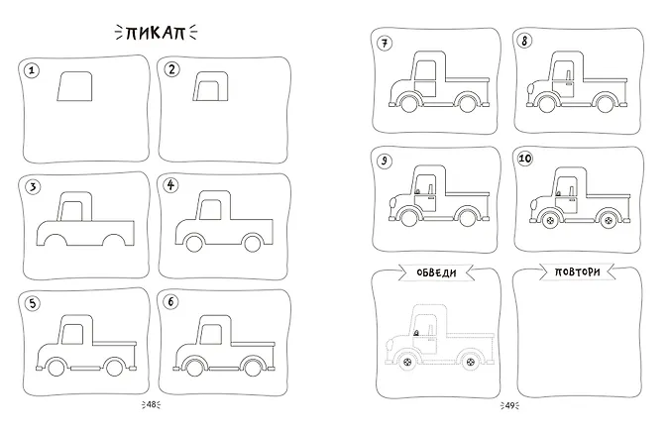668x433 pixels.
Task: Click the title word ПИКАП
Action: [x=156, y=33]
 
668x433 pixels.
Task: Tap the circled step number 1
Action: [x=32, y=70]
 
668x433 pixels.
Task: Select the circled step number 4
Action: [x=170, y=185]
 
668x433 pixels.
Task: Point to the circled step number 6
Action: [x=170, y=302]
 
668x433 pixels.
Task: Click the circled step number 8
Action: [x=525, y=41]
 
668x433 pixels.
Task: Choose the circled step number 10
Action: [x=525, y=159]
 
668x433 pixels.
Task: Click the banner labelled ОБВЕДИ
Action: [x=436, y=272]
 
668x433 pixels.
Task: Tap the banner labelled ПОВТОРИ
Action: [x=577, y=272]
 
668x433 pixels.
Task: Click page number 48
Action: [x=152, y=405]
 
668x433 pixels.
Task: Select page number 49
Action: [x=509, y=405]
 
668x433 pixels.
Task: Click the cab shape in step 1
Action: [x=74, y=86]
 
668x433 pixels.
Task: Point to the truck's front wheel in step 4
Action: [x=194, y=244]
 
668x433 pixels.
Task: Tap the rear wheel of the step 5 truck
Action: [x=114, y=368]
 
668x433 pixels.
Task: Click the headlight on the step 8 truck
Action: [x=531, y=90]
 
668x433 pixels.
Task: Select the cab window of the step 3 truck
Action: [x=72, y=211]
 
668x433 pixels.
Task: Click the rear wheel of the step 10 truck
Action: [x=608, y=220]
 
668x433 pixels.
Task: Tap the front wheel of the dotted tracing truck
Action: [x=408, y=362]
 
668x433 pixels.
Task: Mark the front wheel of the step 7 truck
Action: [x=409, y=103]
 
